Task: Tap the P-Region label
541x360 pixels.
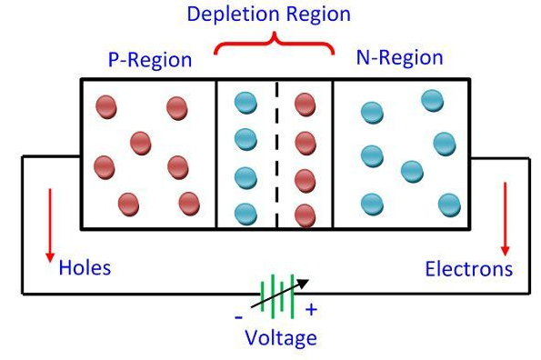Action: coord(149,60)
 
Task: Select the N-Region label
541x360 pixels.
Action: coord(399,58)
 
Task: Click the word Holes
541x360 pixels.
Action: coord(85,267)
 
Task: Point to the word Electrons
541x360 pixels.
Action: coord(468,269)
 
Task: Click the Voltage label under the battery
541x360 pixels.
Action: coord(281,338)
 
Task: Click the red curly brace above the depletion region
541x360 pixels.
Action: coord(274,43)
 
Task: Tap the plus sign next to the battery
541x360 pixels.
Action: coord(311,310)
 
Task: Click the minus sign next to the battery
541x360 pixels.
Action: coord(238,316)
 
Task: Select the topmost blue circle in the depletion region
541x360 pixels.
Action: coord(245,105)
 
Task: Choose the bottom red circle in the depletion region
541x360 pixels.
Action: coord(306,215)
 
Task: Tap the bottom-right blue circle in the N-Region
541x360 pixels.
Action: coord(447,205)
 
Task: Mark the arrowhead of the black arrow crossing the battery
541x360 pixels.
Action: coord(302,285)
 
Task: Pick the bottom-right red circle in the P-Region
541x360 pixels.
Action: coord(188,202)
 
